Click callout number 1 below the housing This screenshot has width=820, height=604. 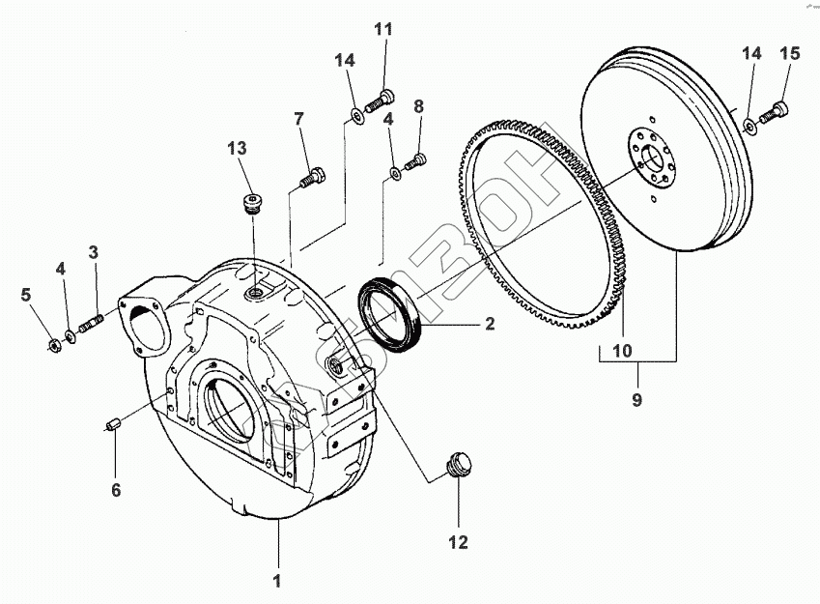pyautogui.click(x=277, y=581)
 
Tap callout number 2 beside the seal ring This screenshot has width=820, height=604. pyautogui.click(x=490, y=324)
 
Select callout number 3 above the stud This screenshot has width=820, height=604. pyautogui.click(x=94, y=253)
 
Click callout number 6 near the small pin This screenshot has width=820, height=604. pyautogui.click(x=116, y=490)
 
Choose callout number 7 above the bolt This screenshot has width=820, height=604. pyautogui.click(x=298, y=118)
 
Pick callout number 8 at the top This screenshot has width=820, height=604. pyautogui.click(x=418, y=106)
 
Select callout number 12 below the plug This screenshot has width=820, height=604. pyautogui.click(x=458, y=542)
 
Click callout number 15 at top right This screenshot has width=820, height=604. pyautogui.click(x=789, y=54)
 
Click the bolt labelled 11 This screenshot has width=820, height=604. pyautogui.click(x=382, y=98)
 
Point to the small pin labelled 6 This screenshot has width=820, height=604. pyautogui.click(x=111, y=424)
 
